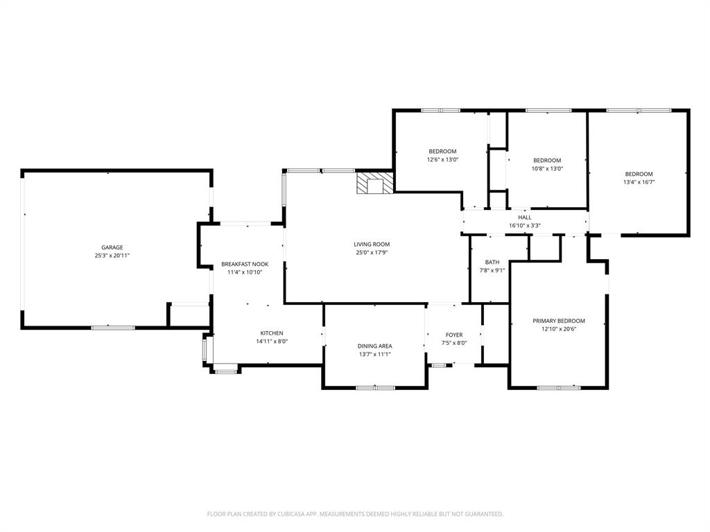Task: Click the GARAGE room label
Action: point(112,247)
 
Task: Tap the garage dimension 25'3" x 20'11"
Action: point(112,256)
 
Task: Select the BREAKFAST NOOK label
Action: point(245,264)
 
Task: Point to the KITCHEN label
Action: point(271,333)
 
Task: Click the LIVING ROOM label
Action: point(372,244)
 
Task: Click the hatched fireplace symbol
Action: point(374,184)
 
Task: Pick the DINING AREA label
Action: point(375,346)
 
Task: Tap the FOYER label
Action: point(454,335)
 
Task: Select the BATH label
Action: point(492,262)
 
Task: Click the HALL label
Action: point(524,218)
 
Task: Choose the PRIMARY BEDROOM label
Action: point(558,321)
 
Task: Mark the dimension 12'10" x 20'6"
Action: point(558,329)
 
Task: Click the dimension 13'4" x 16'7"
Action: point(639,182)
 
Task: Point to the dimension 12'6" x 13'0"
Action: point(442,159)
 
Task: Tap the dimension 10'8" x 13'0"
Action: point(547,168)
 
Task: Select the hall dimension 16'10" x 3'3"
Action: point(524,225)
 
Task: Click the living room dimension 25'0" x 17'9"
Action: point(372,252)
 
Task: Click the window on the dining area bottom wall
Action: point(375,388)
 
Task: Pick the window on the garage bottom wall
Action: point(113,327)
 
